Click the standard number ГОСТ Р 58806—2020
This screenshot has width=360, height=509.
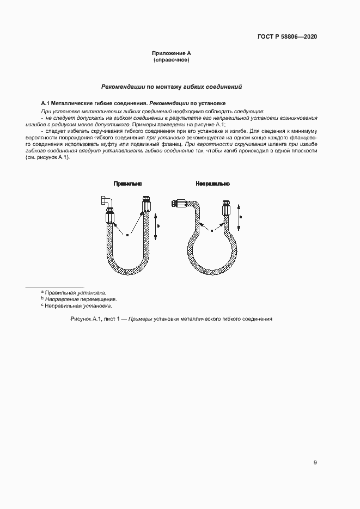pos(287,37)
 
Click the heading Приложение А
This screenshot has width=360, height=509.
pos(171,53)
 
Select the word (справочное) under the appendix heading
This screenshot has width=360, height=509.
pos(171,60)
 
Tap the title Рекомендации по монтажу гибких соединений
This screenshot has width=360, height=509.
pos(172,87)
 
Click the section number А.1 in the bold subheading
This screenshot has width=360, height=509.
pos(46,103)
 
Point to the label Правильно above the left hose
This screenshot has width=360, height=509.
pos(126,184)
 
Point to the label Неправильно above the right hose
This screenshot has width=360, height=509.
pos(213,184)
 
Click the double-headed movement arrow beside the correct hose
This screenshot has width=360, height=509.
pos(156,225)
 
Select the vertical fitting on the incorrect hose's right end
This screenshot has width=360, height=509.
pos(225,209)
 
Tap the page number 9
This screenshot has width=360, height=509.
pos(315,463)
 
